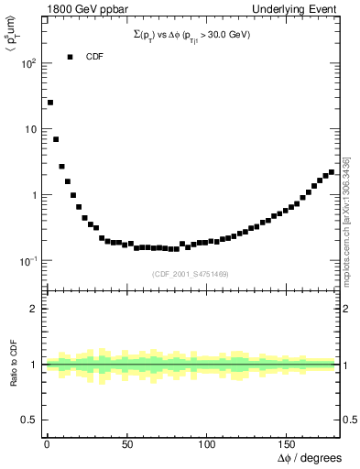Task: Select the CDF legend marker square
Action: pos(70,57)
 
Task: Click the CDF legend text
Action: pos(94,57)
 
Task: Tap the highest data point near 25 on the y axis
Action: pos(50,103)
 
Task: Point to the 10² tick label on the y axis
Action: pos(29,63)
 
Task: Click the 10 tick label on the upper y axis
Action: pos(29,129)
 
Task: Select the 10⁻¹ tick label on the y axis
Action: pos(28,261)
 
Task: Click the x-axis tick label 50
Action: pos(127,444)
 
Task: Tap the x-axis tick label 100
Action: pos(207,444)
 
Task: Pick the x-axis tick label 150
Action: pos(287,444)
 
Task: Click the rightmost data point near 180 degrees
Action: pos(332,172)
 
